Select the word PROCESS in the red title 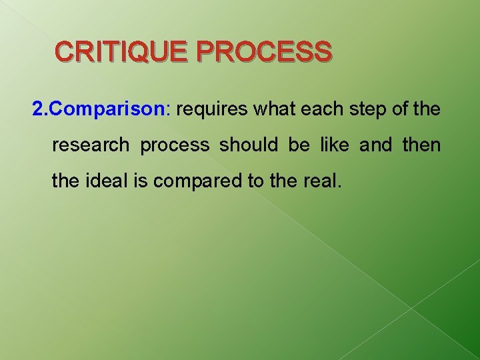tap(265, 51)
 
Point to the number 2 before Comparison tap(37, 109)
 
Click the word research tap(91, 145)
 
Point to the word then tap(421, 145)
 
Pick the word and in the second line tap(376, 145)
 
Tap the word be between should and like tap(298, 145)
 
